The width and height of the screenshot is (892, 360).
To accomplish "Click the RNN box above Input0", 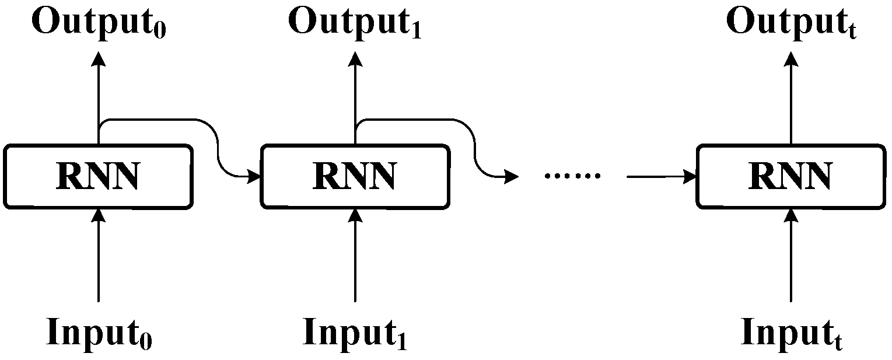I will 98,176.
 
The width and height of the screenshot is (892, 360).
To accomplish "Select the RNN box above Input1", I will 355,176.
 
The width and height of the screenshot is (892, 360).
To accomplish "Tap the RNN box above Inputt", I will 790,176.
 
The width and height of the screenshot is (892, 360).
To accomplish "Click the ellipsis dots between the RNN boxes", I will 571,176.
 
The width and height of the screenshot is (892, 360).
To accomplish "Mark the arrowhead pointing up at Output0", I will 99,58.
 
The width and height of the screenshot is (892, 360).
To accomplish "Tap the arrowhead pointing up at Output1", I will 355,58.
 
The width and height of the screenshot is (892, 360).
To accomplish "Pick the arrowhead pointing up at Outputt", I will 790,58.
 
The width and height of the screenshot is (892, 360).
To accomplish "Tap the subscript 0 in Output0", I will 159,30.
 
